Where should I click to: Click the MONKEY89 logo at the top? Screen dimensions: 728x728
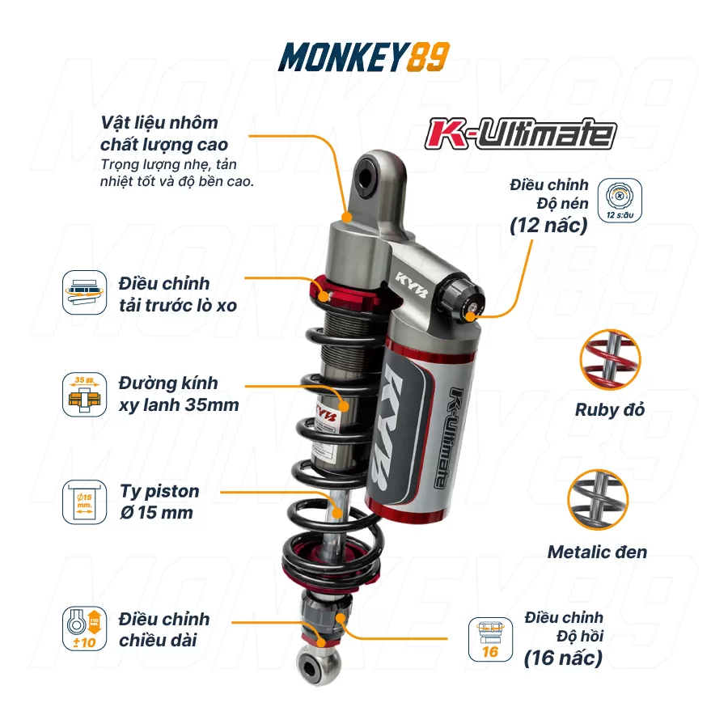point(363,57)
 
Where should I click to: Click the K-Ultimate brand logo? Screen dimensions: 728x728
point(520,133)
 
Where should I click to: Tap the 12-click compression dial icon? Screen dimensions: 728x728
point(620,200)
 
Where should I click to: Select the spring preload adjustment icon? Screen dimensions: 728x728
point(84,293)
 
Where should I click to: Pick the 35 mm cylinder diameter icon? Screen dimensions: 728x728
point(84,394)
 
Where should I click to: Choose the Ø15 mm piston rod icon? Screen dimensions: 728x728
point(84,502)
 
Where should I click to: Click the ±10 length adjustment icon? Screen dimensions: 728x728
point(84,629)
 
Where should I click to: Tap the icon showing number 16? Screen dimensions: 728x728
point(490,639)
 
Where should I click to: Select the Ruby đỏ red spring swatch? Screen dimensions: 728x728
point(610,360)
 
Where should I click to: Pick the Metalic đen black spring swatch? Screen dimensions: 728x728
point(598,500)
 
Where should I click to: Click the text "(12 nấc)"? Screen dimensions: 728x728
point(548,226)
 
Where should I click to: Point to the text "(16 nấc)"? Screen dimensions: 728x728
point(563,658)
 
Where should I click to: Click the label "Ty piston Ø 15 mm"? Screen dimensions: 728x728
point(159,502)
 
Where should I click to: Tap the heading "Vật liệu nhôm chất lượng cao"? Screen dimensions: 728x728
point(164,133)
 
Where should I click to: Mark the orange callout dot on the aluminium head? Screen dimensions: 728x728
point(346,217)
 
